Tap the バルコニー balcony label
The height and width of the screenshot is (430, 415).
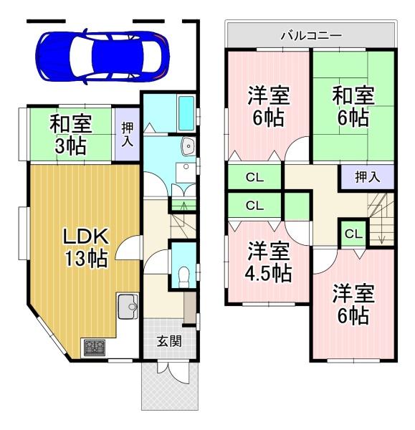click(310, 34)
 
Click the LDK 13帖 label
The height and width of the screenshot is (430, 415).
click(85, 247)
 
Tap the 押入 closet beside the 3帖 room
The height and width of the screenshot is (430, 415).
click(127, 134)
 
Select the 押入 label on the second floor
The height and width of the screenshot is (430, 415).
click(368, 176)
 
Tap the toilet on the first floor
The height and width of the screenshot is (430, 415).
click(183, 273)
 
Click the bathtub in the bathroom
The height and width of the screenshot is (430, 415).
click(185, 114)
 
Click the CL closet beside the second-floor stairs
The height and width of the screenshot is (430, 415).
click(353, 233)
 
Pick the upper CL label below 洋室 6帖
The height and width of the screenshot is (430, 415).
click(254, 177)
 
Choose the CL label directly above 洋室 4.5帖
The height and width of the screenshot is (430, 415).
click(254, 206)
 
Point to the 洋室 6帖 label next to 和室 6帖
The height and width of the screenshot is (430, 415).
click(269, 106)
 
